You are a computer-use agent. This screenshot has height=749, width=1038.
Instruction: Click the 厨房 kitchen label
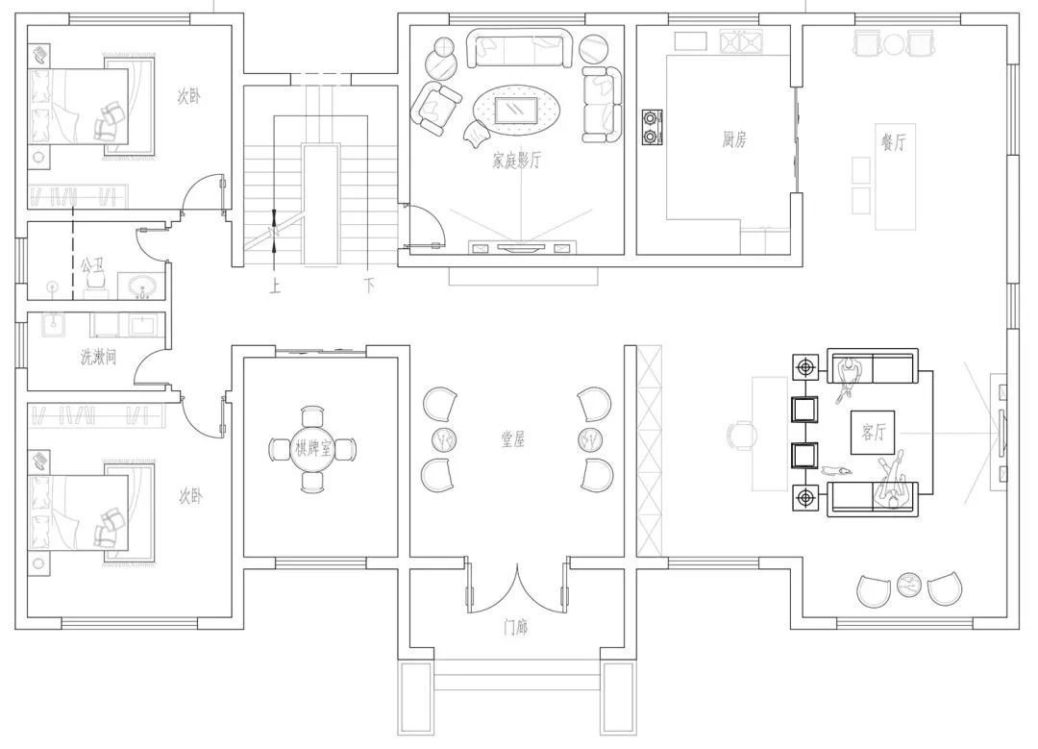point(734,139)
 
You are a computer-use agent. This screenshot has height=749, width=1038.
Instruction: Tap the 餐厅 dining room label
point(894,142)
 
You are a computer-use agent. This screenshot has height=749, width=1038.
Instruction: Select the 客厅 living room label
point(874,432)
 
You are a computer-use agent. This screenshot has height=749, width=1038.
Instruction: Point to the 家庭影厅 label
point(517,161)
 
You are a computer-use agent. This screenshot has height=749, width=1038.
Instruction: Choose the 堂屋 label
point(513,439)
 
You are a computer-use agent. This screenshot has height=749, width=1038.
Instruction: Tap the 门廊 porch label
point(516,627)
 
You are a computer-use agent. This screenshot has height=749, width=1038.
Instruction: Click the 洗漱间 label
point(99,358)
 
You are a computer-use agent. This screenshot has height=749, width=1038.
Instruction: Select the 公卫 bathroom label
point(92,266)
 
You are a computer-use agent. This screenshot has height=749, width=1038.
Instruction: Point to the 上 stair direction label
point(275,287)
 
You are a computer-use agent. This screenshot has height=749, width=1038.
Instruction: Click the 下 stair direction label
point(369,287)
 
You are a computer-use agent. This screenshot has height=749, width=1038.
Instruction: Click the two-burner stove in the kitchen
point(652,127)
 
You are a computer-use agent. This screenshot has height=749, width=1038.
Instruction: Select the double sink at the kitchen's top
point(739,41)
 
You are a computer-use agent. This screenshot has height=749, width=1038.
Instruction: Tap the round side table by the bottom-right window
point(909,584)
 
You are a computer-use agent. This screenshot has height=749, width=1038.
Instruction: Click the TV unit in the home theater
point(520,248)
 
